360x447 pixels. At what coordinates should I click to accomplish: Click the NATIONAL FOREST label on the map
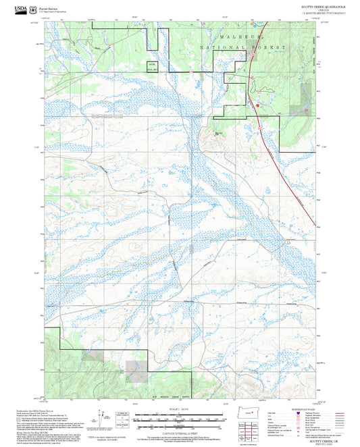point(244,49)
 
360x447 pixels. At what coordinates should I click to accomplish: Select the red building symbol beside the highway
point(256,105)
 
